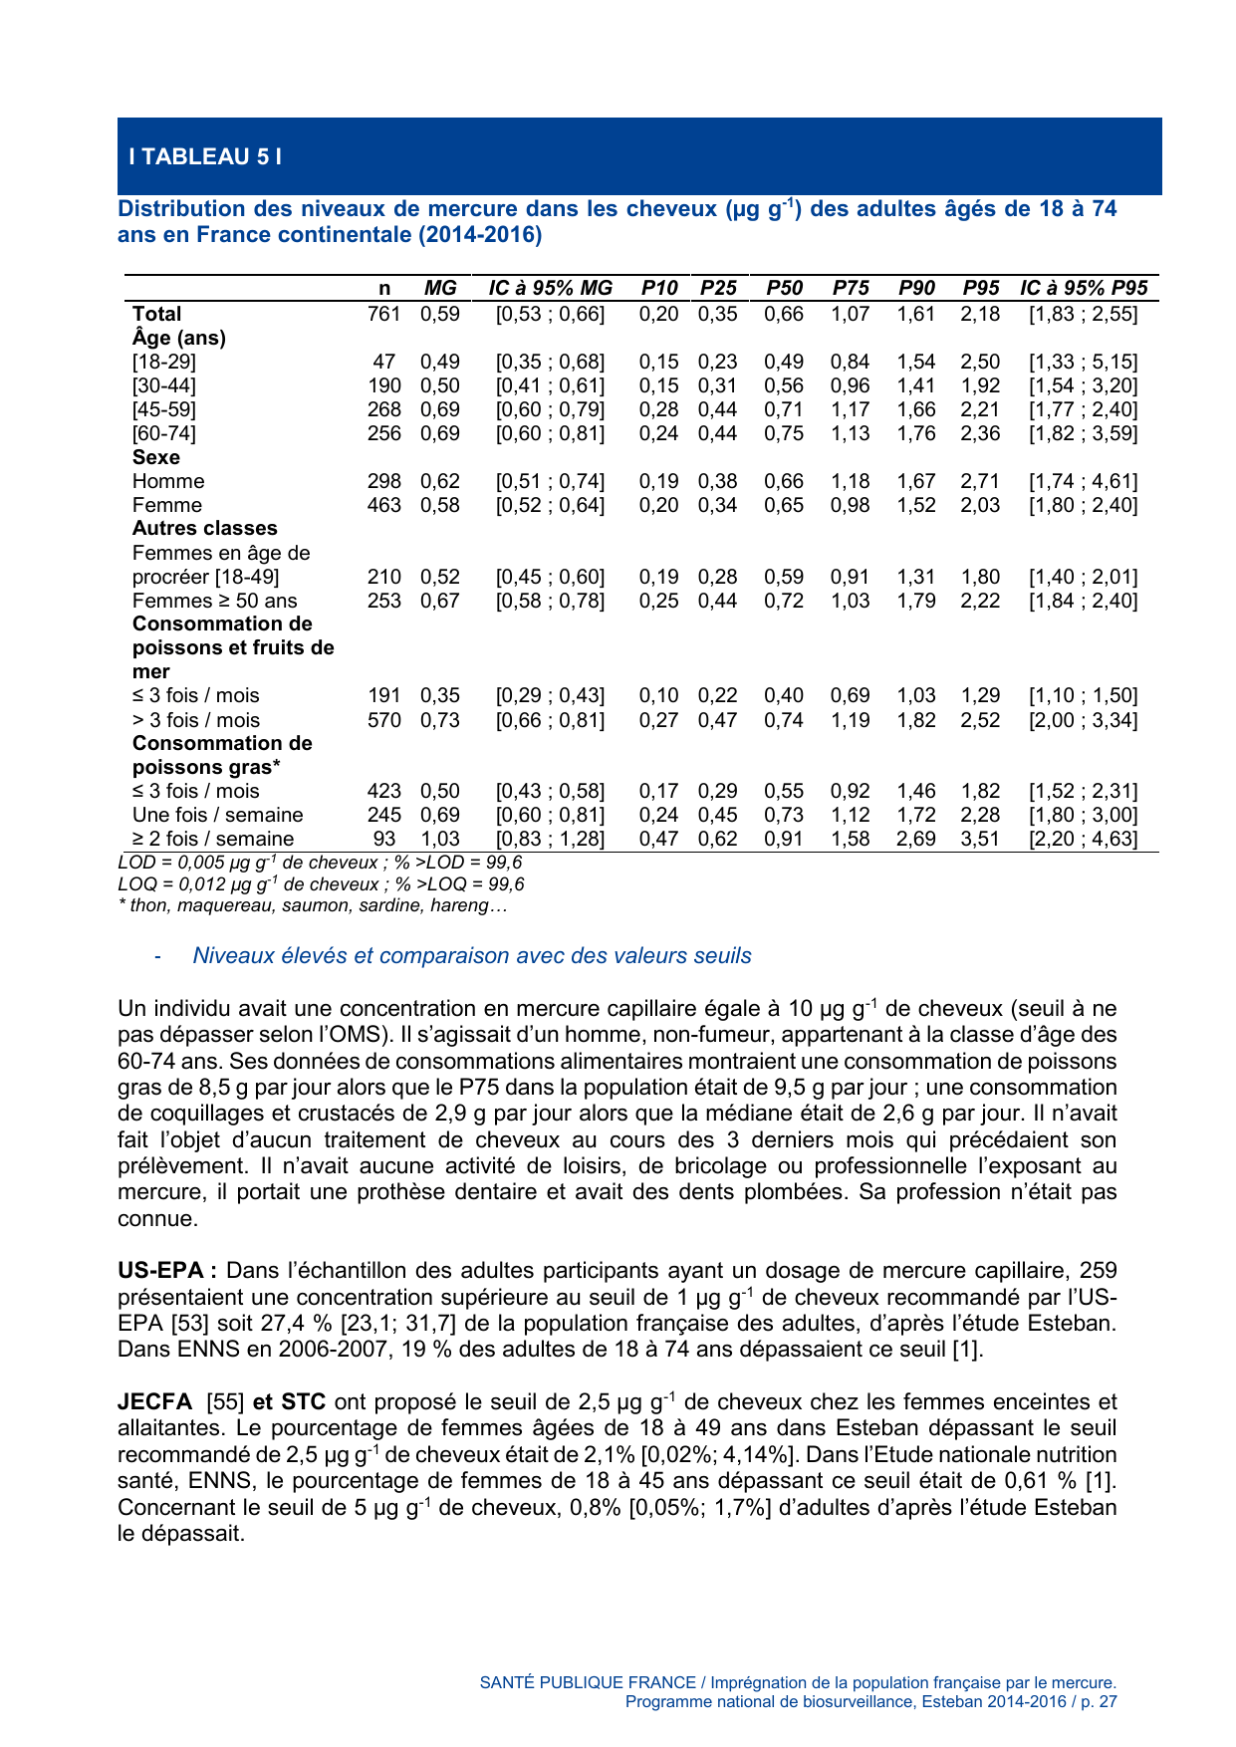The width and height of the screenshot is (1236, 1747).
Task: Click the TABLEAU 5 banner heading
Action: click(205, 156)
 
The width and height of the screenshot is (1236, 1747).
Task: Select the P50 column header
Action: click(784, 288)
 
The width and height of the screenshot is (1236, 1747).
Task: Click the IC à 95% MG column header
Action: click(550, 288)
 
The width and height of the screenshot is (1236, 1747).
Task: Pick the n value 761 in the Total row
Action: click(383, 314)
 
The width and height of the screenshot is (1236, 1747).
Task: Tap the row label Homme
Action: click(167, 481)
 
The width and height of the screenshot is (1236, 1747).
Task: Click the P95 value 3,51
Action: click(980, 839)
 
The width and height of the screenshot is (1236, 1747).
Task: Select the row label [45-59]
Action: click(163, 409)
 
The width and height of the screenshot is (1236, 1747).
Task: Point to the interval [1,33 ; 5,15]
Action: click(1082, 362)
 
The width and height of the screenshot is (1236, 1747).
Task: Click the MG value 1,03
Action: click(439, 839)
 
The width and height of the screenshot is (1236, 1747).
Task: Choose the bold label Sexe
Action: click(156, 457)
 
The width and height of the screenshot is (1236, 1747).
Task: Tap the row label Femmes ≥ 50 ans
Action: click(214, 601)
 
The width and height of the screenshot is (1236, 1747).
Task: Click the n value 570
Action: click(383, 720)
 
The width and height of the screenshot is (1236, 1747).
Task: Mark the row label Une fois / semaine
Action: click(217, 815)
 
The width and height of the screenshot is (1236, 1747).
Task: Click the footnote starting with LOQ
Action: click(321, 884)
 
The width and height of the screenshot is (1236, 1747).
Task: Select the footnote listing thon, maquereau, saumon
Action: click(313, 905)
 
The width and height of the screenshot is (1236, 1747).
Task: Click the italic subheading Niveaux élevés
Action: click(471, 956)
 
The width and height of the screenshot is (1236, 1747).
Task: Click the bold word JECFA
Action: click(154, 1402)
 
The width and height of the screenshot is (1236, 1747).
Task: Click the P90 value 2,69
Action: click(915, 839)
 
